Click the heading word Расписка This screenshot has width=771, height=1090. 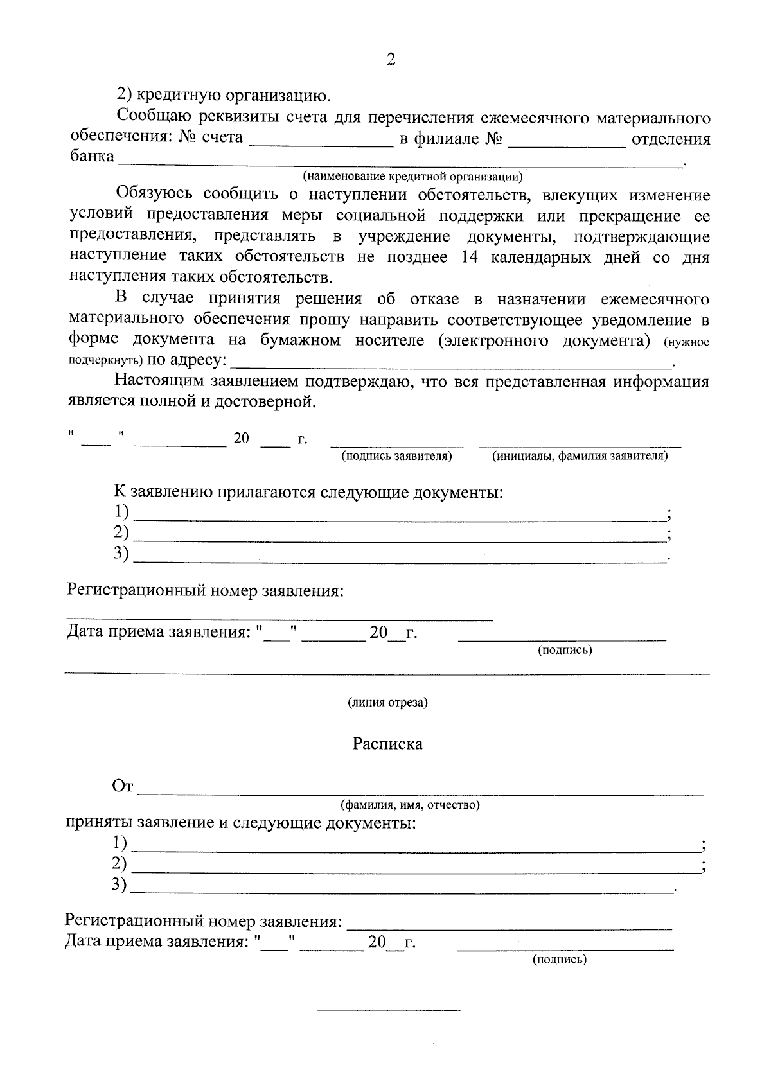(387, 744)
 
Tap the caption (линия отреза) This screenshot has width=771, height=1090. (387, 702)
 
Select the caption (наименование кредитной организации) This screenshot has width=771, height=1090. (412, 175)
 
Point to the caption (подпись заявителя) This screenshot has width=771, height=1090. (396, 456)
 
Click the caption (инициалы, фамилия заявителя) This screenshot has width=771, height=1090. (580, 456)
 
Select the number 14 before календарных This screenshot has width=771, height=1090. (471, 258)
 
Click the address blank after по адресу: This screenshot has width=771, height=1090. (450, 361)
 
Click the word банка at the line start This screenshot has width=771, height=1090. (92, 156)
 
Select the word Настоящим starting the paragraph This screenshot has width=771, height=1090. (161, 382)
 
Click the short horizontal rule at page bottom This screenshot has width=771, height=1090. (389, 1010)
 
